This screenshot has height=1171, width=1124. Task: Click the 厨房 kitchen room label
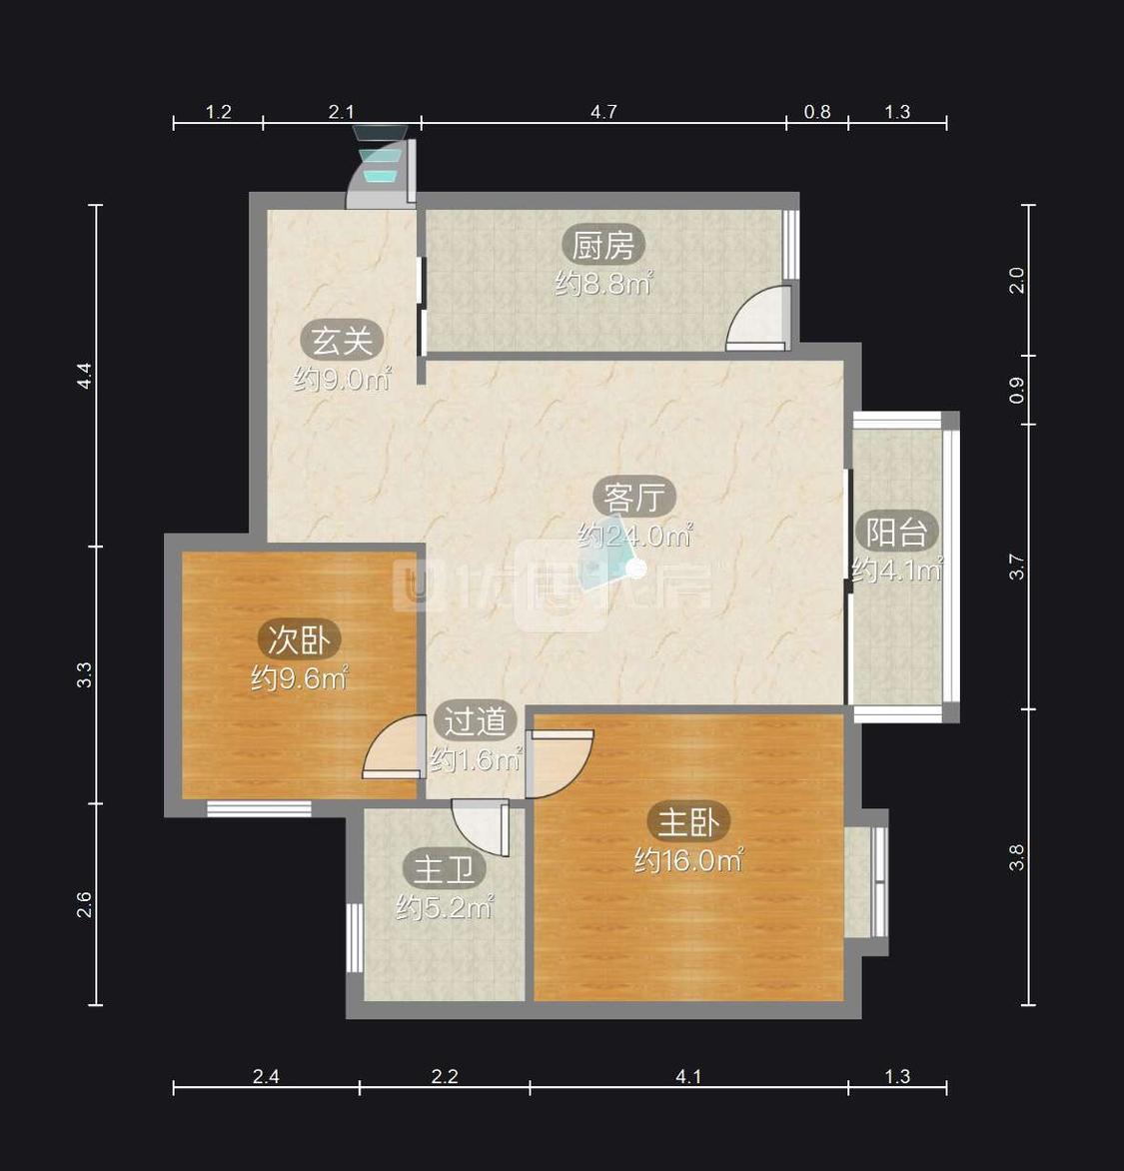[602, 245]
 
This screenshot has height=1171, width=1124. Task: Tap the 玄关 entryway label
[342, 342]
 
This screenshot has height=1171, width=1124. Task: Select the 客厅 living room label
[634, 498]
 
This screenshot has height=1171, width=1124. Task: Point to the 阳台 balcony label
[896, 532]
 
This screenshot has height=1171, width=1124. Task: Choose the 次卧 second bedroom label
[299, 639]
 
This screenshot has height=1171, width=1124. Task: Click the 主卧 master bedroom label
[687, 822]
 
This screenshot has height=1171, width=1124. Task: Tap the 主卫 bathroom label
[444, 869]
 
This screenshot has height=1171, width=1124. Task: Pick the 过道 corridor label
[475, 720]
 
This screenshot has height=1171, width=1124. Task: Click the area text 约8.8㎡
[603, 284]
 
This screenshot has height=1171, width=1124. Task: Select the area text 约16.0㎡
[688, 861]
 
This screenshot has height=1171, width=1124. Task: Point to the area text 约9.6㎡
[300, 678]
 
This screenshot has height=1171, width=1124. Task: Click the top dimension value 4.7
[603, 112]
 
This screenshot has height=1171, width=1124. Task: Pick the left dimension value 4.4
[84, 375]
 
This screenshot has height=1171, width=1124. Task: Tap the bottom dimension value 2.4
[266, 1076]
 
